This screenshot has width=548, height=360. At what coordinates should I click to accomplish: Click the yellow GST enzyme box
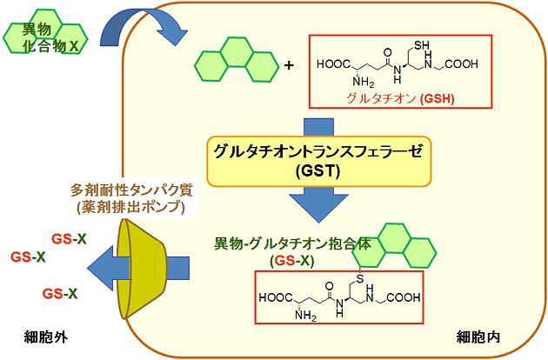pos(318,161)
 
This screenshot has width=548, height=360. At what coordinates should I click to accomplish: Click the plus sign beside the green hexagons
pos(289,65)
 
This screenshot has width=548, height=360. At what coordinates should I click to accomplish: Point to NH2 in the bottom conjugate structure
pos(304,316)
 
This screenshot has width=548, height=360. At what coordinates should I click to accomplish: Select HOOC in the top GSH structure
pos(331,63)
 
